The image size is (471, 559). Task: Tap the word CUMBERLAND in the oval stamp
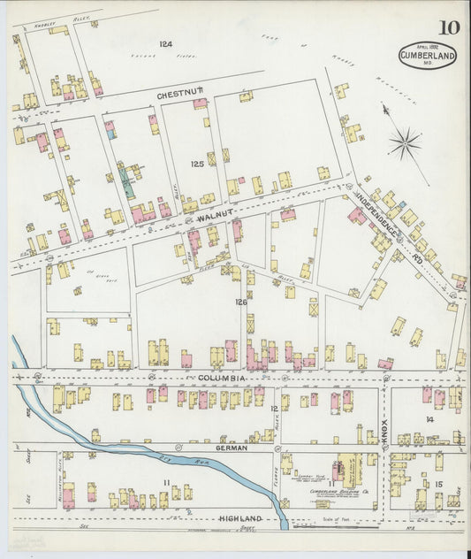[x=427, y=55]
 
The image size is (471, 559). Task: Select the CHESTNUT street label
[x=180, y=93]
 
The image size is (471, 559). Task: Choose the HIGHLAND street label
[x=240, y=517]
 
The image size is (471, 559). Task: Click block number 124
[x=166, y=43]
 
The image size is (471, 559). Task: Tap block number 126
[x=240, y=302]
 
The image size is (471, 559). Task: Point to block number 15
[x=438, y=484]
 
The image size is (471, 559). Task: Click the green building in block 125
[x=129, y=183]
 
